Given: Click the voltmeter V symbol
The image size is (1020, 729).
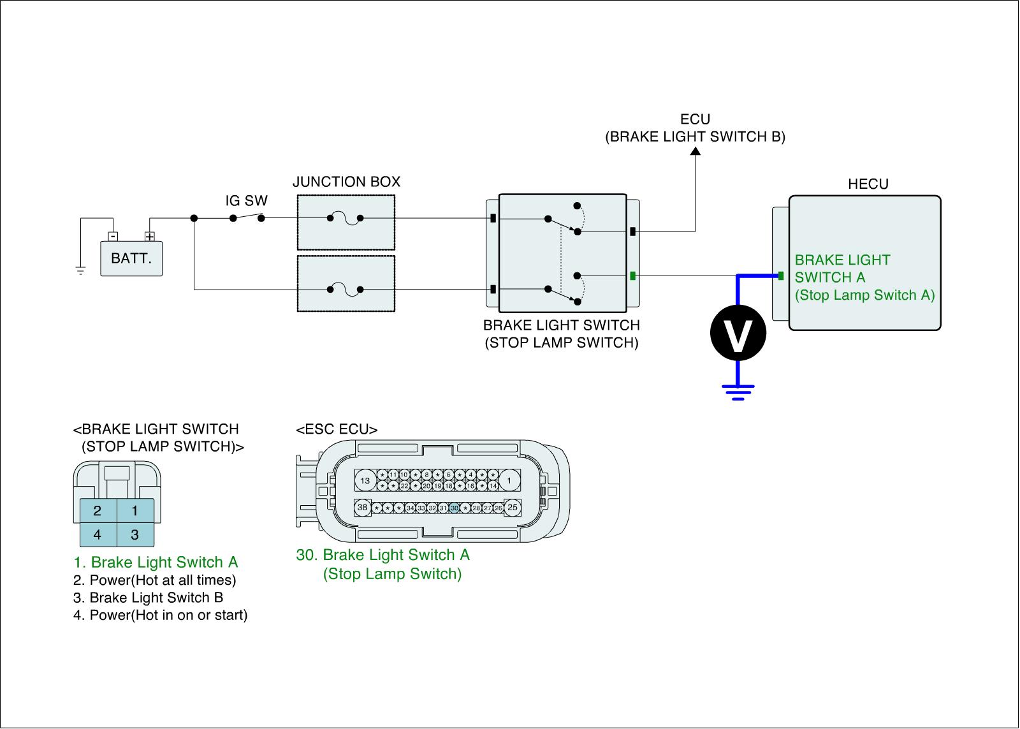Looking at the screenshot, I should point(738,333).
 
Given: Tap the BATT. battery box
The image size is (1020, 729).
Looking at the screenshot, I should point(131,258).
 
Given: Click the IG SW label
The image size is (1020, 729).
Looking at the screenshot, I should point(247,201).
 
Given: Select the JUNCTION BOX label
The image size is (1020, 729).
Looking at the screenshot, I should point(346,182).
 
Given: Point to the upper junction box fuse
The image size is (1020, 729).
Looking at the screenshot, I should point(345,219).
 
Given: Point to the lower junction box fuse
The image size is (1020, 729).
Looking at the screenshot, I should point(345,290).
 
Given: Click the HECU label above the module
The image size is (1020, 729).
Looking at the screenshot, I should point(868,184).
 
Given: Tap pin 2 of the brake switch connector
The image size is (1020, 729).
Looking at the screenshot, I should point(98,510).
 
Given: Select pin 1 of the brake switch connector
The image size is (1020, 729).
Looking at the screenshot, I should point(135,510).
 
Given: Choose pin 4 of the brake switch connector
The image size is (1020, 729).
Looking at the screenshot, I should point(98,534).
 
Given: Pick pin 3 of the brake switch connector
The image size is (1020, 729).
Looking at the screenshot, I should point(135,534).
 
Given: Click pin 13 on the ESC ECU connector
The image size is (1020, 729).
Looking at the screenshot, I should point(365,480).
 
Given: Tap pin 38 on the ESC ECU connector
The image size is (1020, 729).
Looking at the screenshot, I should point(363,508).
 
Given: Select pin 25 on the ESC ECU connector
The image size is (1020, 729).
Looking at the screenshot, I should point(513,508).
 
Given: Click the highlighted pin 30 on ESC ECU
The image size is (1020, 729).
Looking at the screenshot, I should point(454,508).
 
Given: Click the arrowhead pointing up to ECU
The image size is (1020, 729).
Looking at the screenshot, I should point(696,151).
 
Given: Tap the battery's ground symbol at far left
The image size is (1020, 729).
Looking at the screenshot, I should point(80,270).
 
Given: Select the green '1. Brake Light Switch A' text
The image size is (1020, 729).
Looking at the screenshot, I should point(156,562).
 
